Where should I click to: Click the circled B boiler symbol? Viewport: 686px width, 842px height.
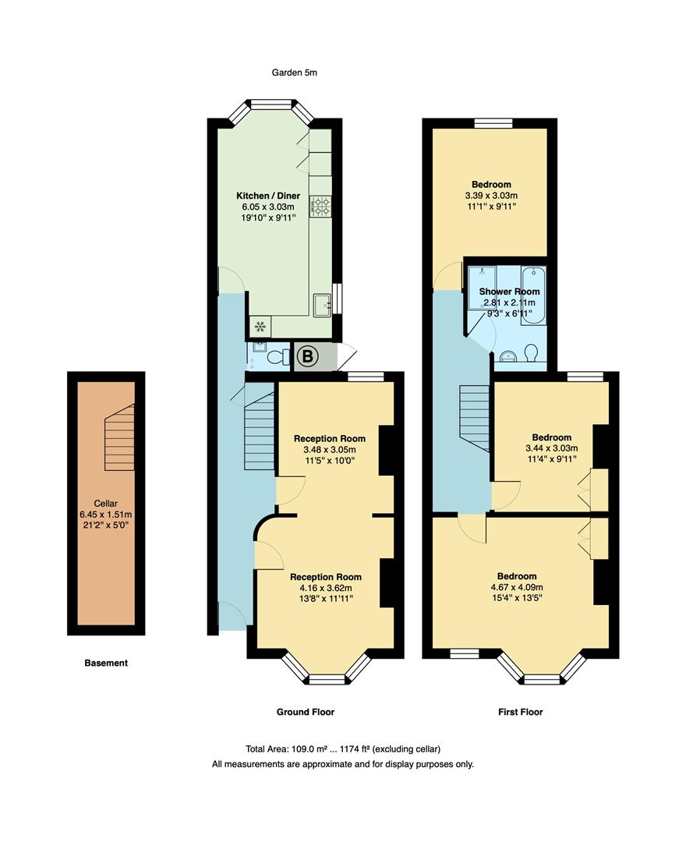308,357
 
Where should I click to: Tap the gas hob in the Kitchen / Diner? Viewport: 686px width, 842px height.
321,206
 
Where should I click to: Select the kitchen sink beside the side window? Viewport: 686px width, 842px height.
321,305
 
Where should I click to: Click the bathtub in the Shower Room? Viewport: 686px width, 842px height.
533,295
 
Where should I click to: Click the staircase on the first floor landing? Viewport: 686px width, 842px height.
474,416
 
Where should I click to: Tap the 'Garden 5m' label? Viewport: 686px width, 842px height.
294,73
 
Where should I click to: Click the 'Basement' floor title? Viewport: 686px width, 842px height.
106,663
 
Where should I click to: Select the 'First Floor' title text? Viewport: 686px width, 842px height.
520,712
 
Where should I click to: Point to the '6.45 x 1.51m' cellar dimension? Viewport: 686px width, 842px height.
105,514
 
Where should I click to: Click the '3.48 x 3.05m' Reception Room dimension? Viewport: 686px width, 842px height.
329,449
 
